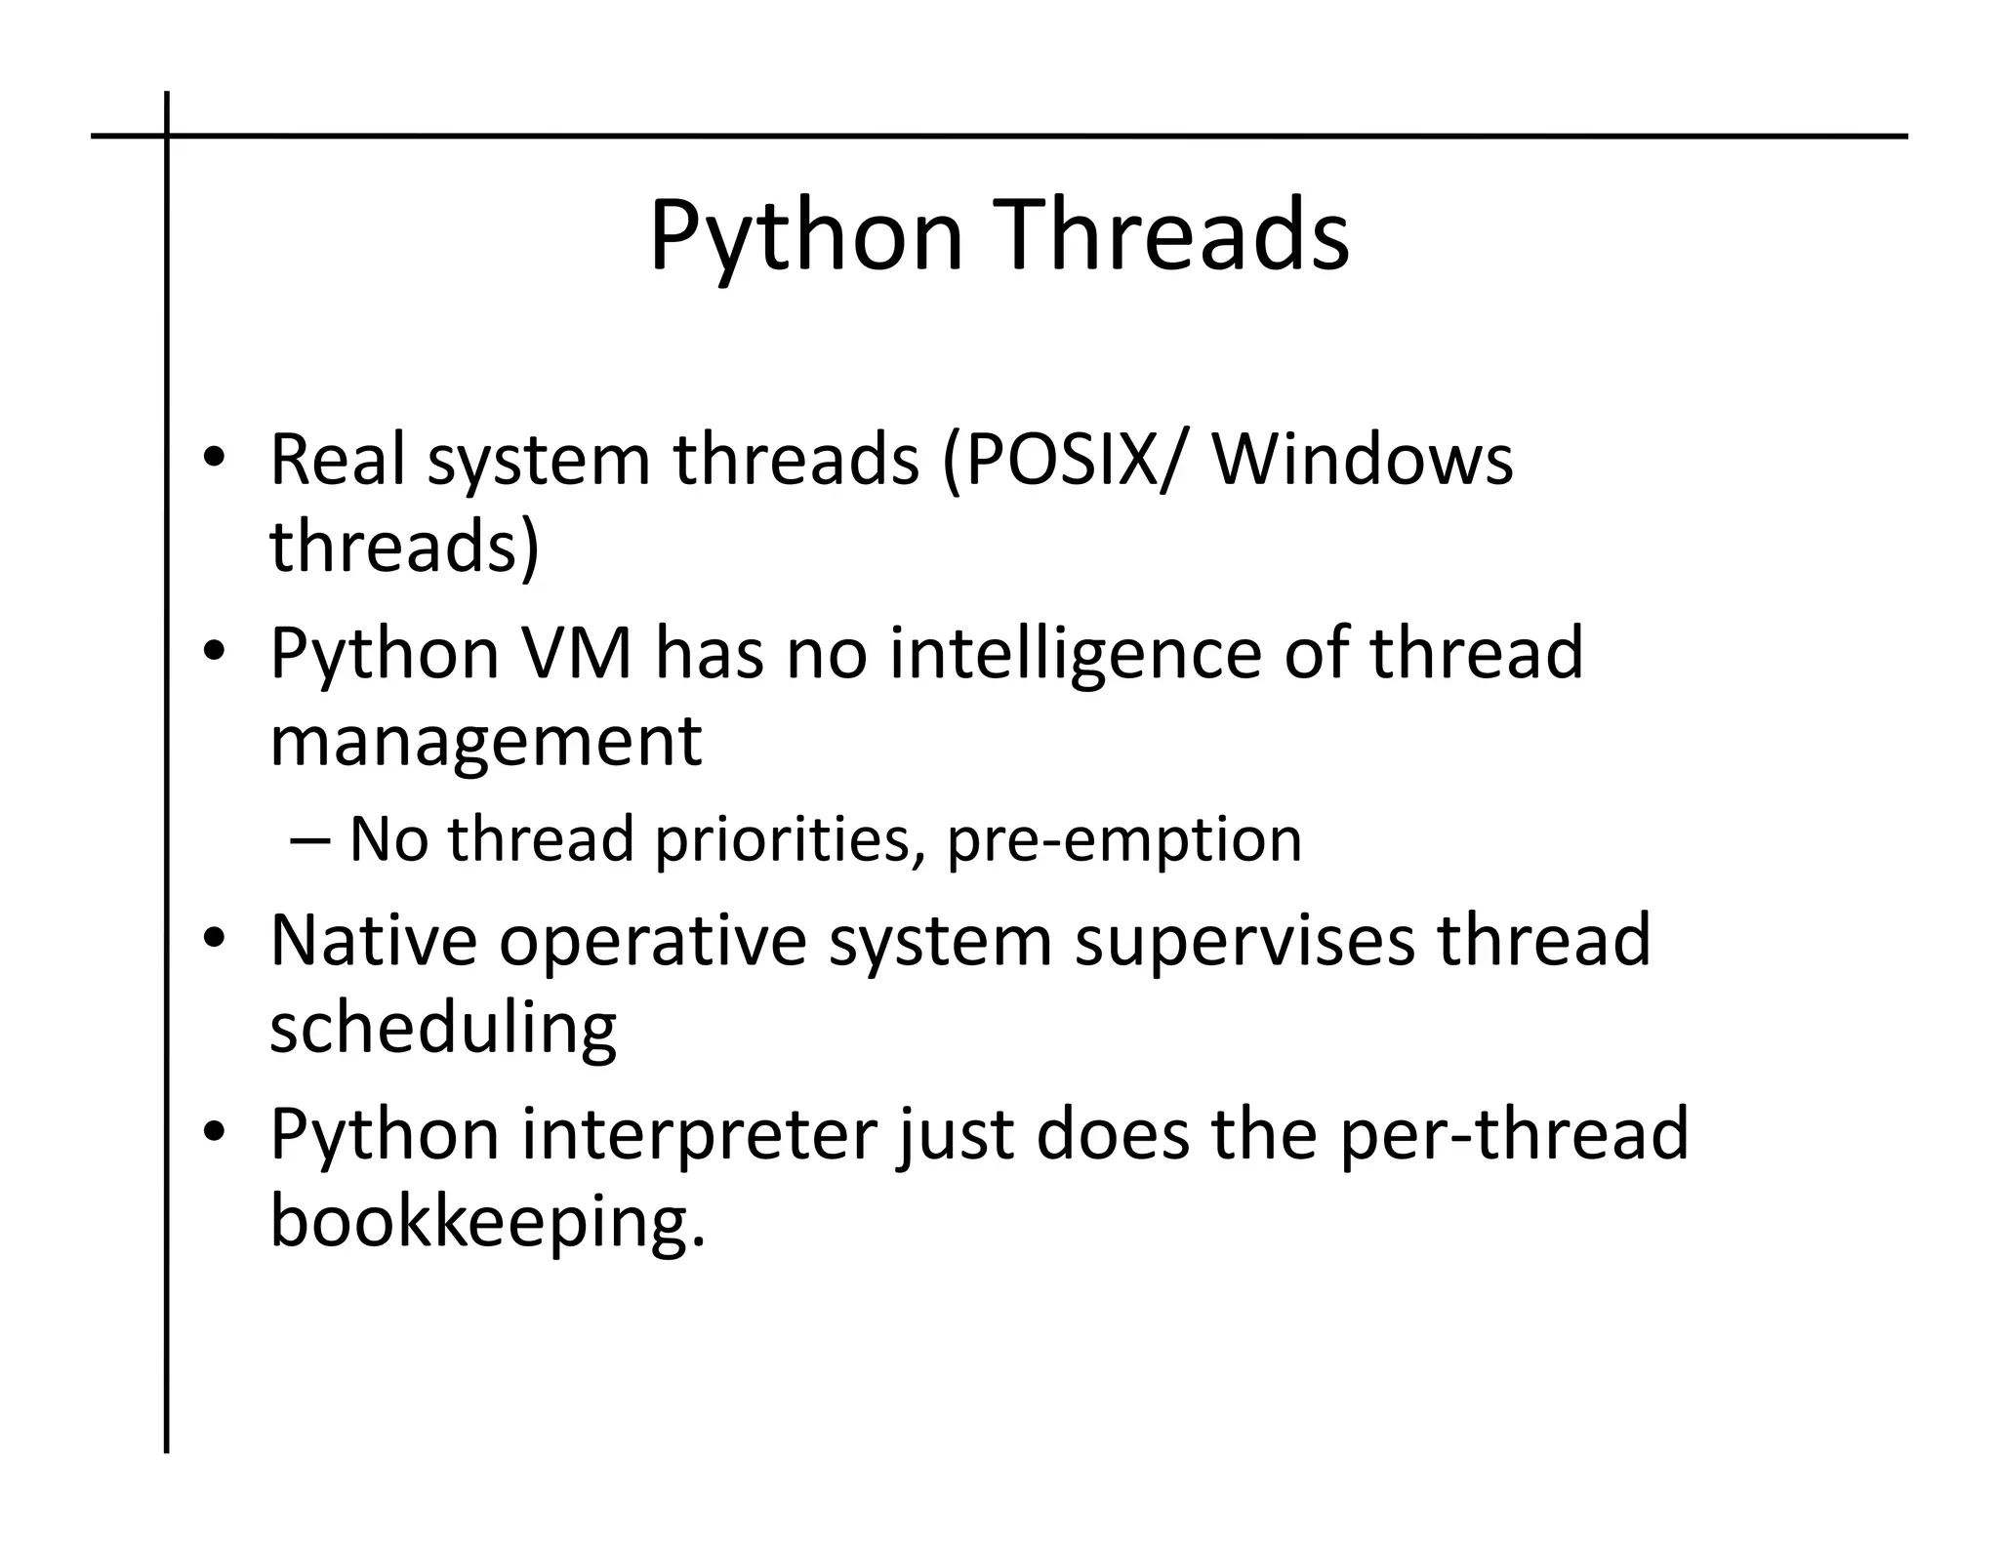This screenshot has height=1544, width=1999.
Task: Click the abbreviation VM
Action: [x=578, y=653]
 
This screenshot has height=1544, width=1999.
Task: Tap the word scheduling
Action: [x=443, y=1030]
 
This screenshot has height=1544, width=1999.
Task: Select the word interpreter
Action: [x=699, y=1136]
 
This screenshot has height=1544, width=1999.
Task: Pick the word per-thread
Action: [x=1513, y=1136]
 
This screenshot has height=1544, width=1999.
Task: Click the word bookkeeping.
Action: [x=485, y=1224]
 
